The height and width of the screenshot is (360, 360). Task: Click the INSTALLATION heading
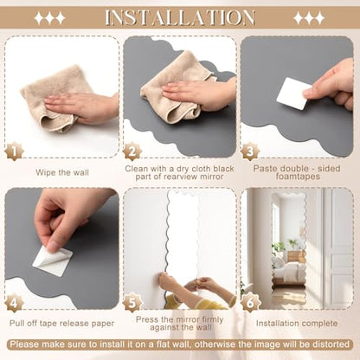point(180,18)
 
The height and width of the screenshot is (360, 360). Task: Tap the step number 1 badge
point(14,151)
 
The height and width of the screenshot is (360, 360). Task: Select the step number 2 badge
point(132,151)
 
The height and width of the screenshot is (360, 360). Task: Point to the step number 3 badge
point(250,151)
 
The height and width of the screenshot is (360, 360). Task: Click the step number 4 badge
point(14,303)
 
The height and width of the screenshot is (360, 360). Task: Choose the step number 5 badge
point(132,303)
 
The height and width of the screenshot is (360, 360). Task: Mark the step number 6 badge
point(250,303)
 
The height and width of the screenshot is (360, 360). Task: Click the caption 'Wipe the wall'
point(62,172)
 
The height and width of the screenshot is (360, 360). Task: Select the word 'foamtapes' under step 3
point(298,177)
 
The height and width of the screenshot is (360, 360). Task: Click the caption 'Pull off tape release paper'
point(62,324)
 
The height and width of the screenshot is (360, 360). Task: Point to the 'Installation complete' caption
point(297,324)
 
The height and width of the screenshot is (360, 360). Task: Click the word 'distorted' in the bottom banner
point(331,344)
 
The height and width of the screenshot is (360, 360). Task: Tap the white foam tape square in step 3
point(292,93)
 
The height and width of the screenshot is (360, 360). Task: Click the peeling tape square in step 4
point(52,261)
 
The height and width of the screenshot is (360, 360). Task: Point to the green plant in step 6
point(278,247)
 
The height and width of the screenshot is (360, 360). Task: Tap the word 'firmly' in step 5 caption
point(211,319)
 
